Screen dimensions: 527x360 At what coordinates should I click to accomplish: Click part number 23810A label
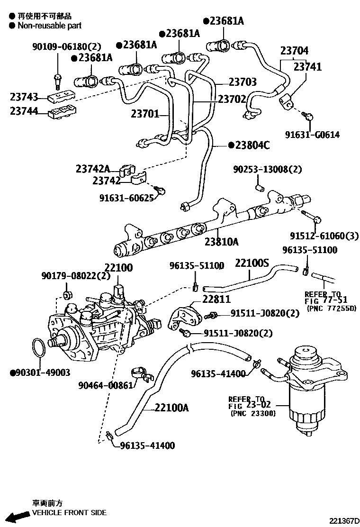point(221,242)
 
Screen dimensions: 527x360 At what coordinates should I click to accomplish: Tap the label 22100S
point(252,263)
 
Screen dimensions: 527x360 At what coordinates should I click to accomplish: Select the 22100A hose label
point(171,408)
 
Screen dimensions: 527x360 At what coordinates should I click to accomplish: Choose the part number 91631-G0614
point(312,135)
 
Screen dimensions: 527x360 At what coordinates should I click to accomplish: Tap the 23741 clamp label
point(307,67)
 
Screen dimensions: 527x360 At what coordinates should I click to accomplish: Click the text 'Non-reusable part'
point(49,25)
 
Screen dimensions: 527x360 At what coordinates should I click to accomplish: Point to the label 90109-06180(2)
point(67,46)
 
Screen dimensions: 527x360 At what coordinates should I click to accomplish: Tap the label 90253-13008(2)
point(267,169)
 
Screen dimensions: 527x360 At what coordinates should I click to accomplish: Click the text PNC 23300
point(252,413)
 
